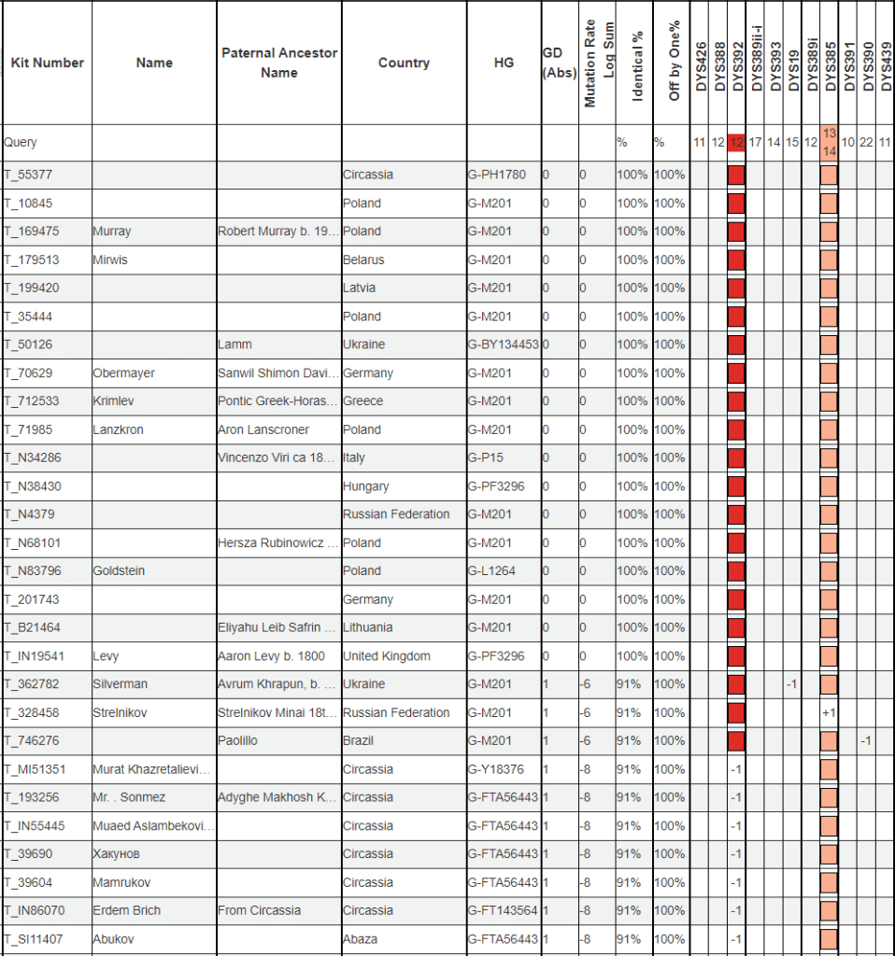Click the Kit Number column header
pos(47,63)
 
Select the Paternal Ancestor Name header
pos(279,63)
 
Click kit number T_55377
pos(28,175)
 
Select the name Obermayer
pos(123,373)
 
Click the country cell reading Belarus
pos(363,260)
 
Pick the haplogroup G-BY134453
pos(503,344)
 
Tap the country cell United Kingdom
pos(386,656)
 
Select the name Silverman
pos(121,684)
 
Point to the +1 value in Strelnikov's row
pos(828,712)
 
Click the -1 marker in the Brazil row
pos(866,740)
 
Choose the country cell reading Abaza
pos(361,939)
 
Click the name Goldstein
pos(119,570)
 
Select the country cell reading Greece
pos(362,401)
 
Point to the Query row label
pos(21,143)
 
